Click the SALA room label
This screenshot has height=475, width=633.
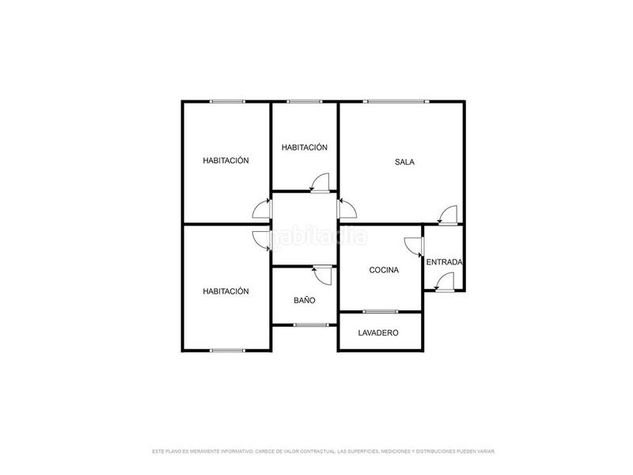click(x=405, y=162)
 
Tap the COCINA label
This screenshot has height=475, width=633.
click(x=384, y=270)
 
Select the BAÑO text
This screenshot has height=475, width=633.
click(x=305, y=301)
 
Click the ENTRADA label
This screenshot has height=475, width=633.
click(x=445, y=262)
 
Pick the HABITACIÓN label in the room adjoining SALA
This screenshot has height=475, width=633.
click(x=305, y=147)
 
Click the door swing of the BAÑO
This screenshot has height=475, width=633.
click(x=322, y=275)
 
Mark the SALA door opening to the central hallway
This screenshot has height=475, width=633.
click(x=347, y=208)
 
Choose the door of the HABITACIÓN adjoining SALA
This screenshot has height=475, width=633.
click(x=320, y=183)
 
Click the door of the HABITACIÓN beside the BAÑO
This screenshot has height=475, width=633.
click(x=260, y=238)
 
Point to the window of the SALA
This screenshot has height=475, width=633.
click(x=396, y=101)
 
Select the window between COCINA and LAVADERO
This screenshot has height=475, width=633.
click(x=381, y=311)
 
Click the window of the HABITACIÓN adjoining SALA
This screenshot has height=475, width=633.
click(x=305, y=101)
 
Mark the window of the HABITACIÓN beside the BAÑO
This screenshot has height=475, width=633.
click(x=227, y=350)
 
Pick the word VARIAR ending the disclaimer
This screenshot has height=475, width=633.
click(x=485, y=451)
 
